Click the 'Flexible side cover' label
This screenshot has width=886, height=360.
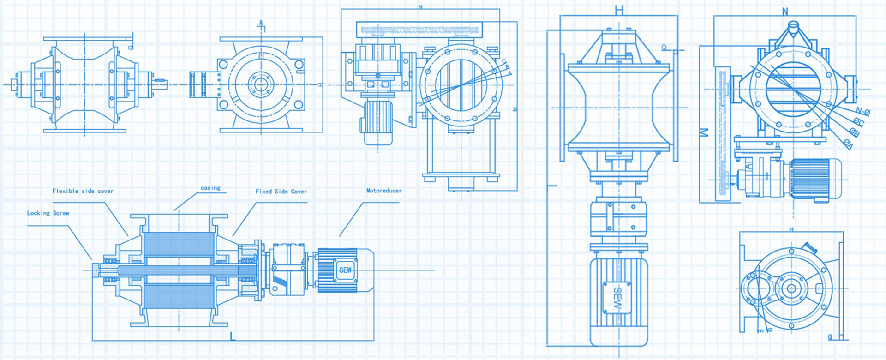pos(83,191)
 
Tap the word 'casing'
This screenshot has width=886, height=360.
pos(210,188)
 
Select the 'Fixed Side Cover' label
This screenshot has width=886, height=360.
pos(281,192)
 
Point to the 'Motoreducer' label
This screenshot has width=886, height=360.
pos(384,191)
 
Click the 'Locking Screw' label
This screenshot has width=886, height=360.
pos(48,213)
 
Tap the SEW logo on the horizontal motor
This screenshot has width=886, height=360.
pos(345,270)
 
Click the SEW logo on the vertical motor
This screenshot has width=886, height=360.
pos(617,297)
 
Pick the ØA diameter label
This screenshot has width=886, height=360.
pos(848,144)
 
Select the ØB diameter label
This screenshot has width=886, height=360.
pos(854,133)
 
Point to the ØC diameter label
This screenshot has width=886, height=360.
pos(858,122)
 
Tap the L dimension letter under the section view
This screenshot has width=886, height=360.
pos(233,336)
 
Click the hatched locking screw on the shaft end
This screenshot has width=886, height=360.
pos(95,270)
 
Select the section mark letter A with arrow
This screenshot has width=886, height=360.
pos(261,24)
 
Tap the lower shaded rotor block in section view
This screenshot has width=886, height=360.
pos(179,295)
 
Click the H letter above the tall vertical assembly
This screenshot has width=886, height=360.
pos(619,9)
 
